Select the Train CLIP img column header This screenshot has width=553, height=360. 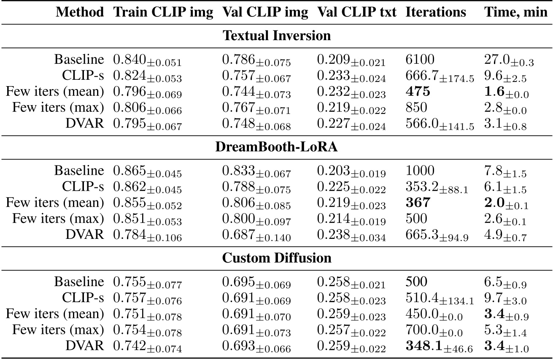pyautogui.click(x=163, y=12)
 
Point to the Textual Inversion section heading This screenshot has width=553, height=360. pyautogui.click(x=277, y=36)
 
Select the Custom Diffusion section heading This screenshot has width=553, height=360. pyautogui.click(x=277, y=257)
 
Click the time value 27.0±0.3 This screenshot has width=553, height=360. pyautogui.click(x=508, y=61)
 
